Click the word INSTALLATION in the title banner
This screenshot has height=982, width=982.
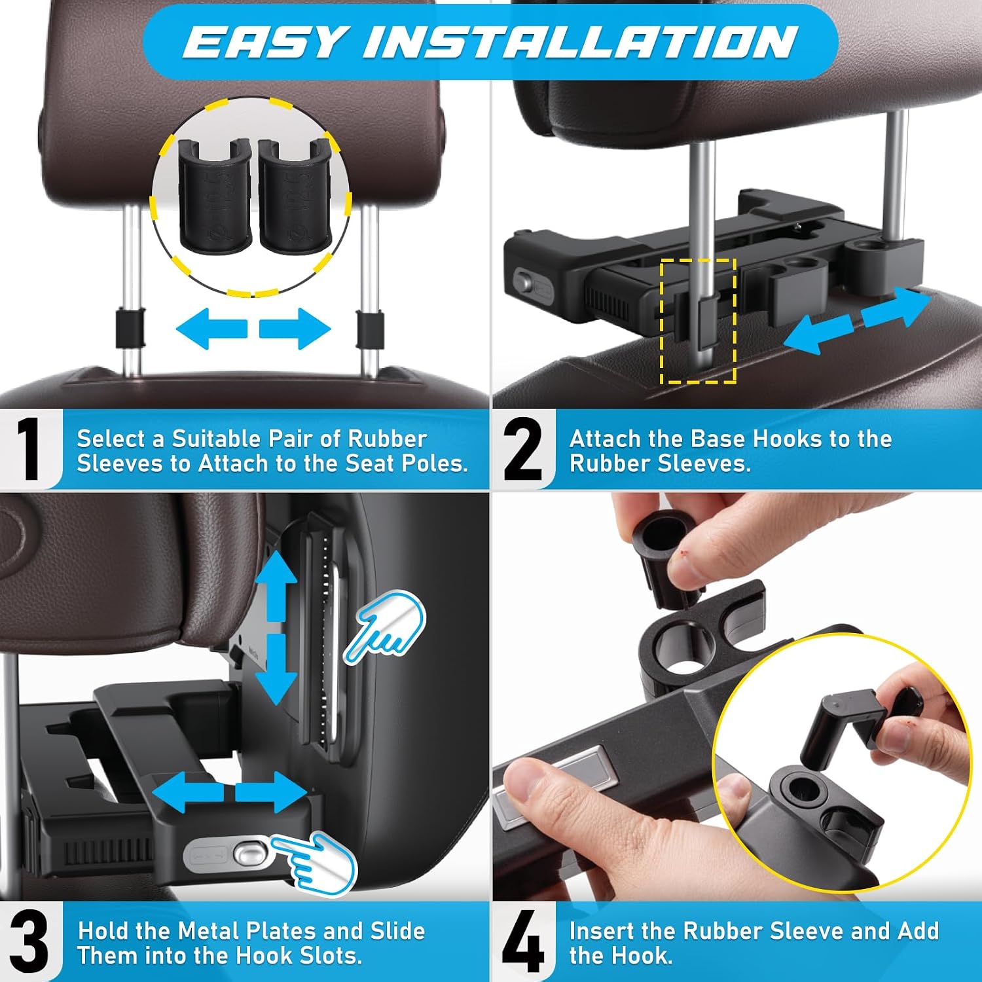pyautogui.click(x=580, y=43)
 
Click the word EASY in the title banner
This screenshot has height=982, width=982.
pyautogui.click(x=263, y=43)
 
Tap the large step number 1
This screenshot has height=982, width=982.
pyautogui.click(x=29, y=450)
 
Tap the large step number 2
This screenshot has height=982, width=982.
pyautogui.click(x=523, y=450)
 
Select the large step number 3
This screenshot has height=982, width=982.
pyautogui.click(x=29, y=942)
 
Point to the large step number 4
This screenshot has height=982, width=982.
pyautogui.click(x=523, y=942)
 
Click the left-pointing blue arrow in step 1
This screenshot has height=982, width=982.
pyautogui.click(x=211, y=329)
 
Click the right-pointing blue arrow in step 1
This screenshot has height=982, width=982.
pyautogui.click(x=295, y=329)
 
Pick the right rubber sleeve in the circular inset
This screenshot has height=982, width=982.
pyautogui.click(x=295, y=195)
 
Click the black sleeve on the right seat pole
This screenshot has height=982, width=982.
pyautogui.click(x=369, y=329)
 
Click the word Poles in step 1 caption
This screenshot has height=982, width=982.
pyautogui.click(x=435, y=464)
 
